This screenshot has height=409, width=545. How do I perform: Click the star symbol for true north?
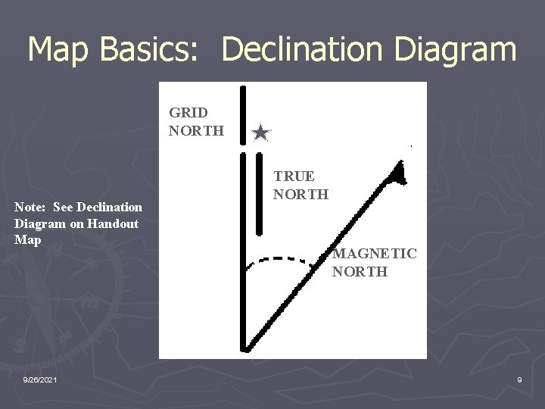260,133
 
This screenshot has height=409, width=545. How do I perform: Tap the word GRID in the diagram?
188,113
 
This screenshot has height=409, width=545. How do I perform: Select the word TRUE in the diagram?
294,176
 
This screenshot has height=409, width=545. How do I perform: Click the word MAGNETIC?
374,253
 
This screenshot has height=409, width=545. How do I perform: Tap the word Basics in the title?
148,50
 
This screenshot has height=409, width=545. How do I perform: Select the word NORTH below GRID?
196,130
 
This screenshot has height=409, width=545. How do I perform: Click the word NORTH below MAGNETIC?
360,271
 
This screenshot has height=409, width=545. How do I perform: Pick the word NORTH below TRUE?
301,194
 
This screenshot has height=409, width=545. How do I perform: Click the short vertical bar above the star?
242,114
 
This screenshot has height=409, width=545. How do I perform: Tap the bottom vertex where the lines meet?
244,348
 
